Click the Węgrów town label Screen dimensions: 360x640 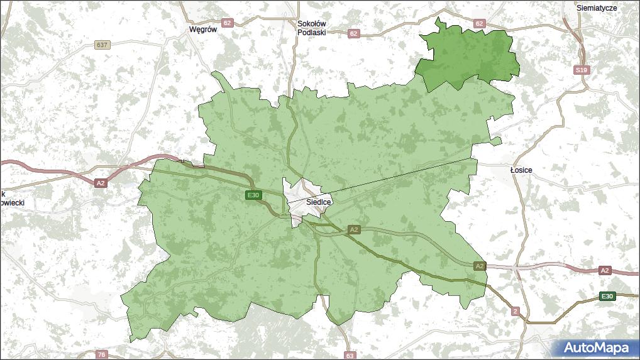202,29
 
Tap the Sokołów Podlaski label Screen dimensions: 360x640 311,28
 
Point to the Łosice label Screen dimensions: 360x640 521,170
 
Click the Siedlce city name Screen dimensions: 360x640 319,202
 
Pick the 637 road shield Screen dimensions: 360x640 102,45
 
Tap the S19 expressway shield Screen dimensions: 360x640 581,71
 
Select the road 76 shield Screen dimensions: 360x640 102,355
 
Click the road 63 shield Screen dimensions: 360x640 350,355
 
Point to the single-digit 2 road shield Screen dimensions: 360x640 516,311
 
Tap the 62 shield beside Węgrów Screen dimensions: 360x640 227,23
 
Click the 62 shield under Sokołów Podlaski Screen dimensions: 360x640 354,33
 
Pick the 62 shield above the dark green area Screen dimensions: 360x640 480,23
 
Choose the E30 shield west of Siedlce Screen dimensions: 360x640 253,195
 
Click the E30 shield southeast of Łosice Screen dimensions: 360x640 606,297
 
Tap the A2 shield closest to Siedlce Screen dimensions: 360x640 354,229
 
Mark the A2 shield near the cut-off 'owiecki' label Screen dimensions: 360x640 100,183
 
